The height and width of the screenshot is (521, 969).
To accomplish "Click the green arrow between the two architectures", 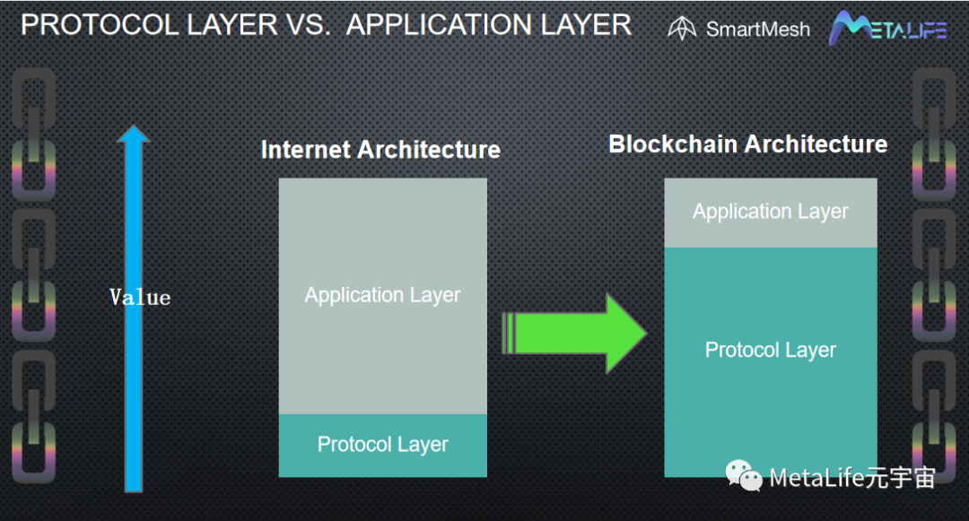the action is click(575, 334).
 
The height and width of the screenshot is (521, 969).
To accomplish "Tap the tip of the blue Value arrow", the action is click(134, 126).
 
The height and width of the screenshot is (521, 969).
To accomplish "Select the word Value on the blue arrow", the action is click(140, 298).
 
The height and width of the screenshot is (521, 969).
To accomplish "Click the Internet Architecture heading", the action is click(380, 150).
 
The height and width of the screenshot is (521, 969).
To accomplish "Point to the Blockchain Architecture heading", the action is click(747, 143).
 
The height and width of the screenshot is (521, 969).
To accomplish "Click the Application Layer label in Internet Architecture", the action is click(382, 295).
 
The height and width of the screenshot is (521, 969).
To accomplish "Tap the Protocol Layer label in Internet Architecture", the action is click(382, 445).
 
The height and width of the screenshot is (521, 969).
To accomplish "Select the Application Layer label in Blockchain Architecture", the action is click(770, 212).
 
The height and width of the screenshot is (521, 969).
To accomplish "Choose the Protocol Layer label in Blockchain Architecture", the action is click(770, 350).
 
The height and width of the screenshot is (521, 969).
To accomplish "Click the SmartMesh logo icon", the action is click(682, 28).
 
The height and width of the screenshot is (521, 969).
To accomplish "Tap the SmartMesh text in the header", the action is click(757, 29).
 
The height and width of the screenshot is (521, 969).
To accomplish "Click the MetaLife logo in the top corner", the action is click(887, 28).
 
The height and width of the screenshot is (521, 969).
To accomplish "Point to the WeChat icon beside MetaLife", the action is click(744, 475).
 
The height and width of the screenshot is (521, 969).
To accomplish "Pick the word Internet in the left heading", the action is click(306, 150).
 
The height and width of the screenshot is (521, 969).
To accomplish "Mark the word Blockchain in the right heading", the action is click(673, 143).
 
